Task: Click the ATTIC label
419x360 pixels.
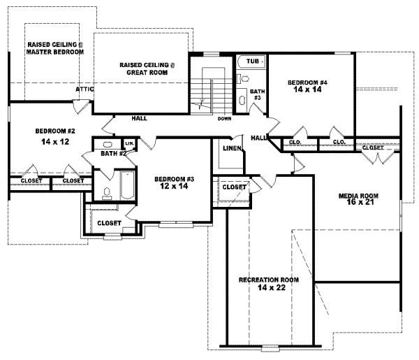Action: [x=85, y=90]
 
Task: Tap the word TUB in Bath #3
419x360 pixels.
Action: [x=253, y=62]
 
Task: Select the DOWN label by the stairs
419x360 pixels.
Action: [x=224, y=118]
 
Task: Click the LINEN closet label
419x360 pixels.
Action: [x=232, y=148]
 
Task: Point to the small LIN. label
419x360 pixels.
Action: [x=129, y=143]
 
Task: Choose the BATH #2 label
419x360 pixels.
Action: [x=112, y=153]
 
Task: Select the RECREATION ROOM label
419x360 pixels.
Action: [x=269, y=280]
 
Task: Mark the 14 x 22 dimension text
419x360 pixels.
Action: [x=269, y=287]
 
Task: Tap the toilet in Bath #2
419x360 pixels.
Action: [x=106, y=192]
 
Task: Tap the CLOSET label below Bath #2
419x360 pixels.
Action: [x=110, y=223]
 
